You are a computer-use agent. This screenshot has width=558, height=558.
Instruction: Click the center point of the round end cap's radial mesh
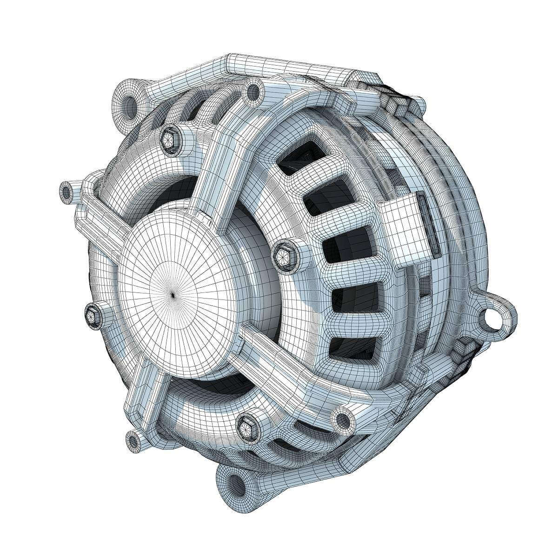(x=173, y=294)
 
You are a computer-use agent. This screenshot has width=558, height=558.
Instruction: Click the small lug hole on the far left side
(x=68, y=191)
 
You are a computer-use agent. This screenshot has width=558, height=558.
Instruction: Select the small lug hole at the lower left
(x=134, y=438)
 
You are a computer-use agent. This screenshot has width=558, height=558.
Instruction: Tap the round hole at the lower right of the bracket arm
(x=343, y=419)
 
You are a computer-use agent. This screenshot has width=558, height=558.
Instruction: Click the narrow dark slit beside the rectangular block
(x=428, y=223)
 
